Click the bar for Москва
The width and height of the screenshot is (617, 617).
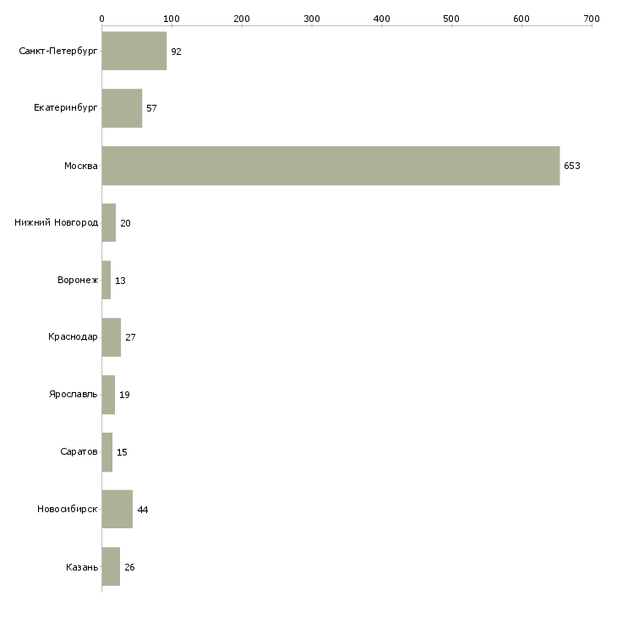(331, 166)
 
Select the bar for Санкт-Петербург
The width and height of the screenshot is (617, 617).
(134, 51)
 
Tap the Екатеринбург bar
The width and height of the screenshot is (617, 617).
(122, 108)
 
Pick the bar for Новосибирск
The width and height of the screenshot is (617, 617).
(117, 509)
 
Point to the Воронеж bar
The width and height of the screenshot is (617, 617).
(106, 280)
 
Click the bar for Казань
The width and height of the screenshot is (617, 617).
(111, 566)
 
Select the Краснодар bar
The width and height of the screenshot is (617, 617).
(112, 337)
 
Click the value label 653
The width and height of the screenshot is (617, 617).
(571, 166)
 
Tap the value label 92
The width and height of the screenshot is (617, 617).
(176, 52)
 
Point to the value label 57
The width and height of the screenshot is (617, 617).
(151, 108)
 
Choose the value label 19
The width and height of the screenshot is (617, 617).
(124, 395)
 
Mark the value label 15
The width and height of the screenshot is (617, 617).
(122, 452)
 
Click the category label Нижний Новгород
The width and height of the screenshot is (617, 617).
(57, 223)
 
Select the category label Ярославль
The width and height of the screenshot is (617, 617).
(74, 394)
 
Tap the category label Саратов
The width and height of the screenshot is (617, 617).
(79, 451)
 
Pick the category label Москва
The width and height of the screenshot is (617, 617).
(80, 166)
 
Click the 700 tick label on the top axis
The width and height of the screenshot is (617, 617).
(592, 19)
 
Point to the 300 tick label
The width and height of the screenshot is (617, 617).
(312, 19)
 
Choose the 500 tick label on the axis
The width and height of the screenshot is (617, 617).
(451, 19)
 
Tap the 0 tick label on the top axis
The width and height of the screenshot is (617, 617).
(102, 19)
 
